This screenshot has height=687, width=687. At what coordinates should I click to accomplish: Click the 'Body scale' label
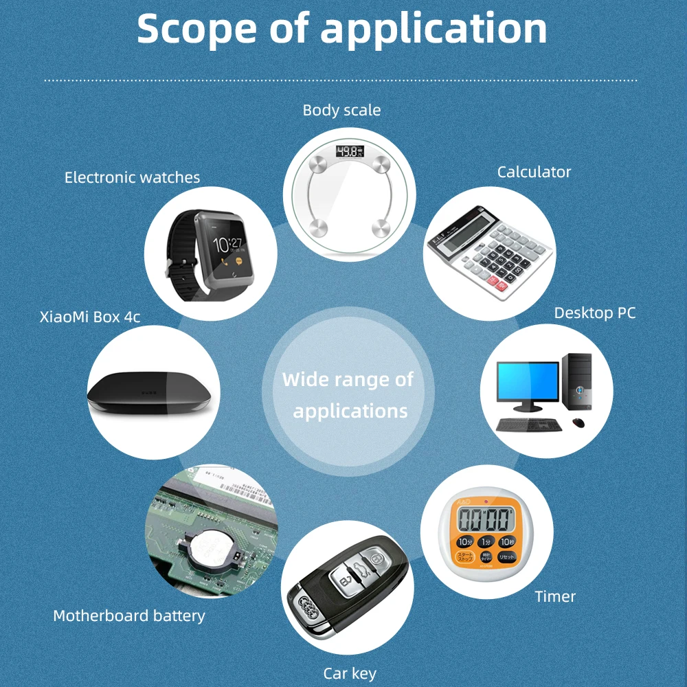coord(341,110)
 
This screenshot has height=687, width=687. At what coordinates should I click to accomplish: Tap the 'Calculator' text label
coord(534,172)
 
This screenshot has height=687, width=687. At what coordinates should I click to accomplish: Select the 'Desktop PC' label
coord(594,313)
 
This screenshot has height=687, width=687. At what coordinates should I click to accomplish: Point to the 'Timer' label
coord(555,596)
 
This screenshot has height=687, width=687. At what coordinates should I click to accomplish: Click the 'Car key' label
coord(350,673)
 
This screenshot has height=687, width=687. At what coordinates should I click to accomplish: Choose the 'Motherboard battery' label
coord(129,616)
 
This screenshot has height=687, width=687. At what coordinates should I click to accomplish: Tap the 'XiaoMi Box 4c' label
coord(90,317)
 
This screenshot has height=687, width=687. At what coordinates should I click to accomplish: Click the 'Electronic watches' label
coord(132,177)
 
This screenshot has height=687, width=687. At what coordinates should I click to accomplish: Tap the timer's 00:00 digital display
coord(486,519)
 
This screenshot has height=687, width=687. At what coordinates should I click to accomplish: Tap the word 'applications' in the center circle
coord(350,412)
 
